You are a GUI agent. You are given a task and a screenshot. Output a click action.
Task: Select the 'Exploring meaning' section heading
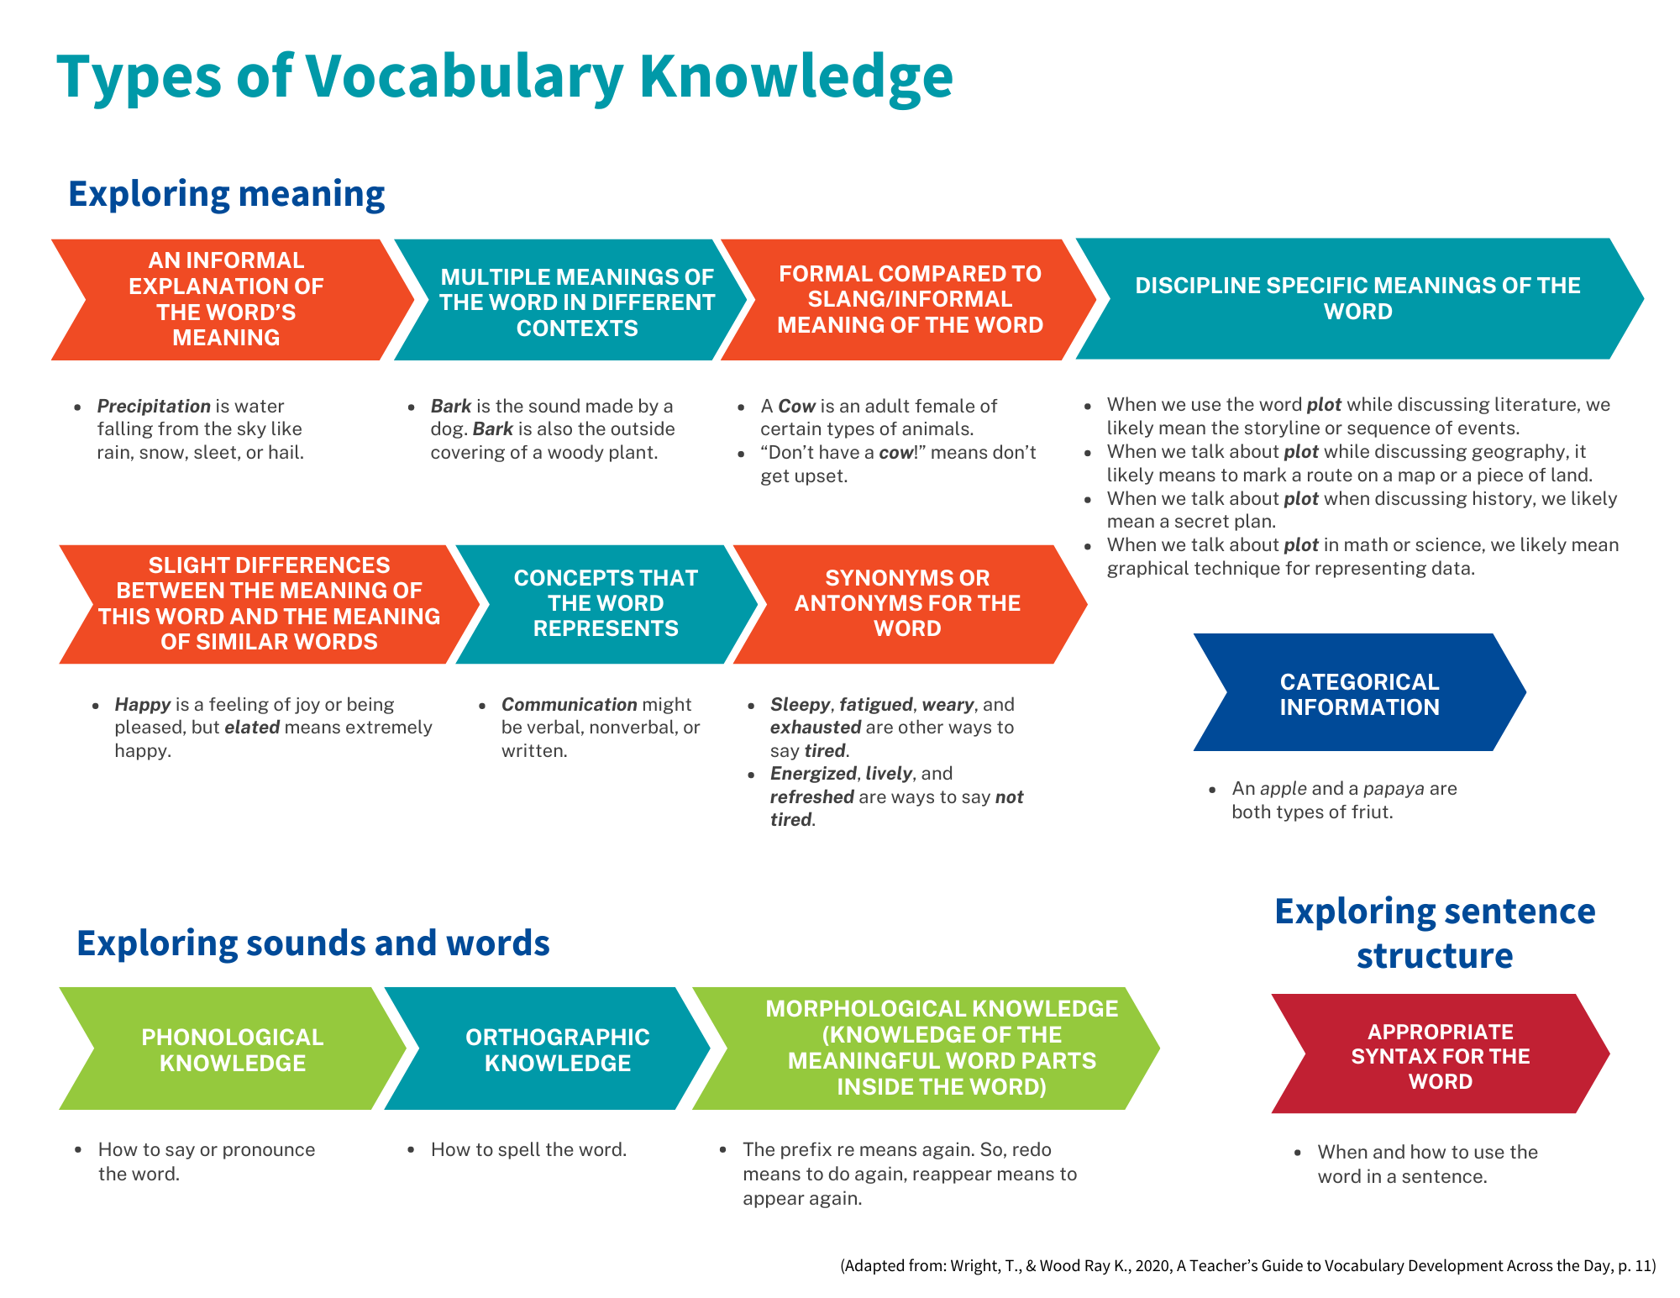point(226,194)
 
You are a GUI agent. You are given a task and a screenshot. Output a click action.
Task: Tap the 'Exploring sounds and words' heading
point(312,943)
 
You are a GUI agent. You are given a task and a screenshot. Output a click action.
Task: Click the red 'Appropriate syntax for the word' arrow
point(1440,1056)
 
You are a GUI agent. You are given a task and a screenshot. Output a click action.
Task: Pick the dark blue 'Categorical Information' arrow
point(1359,694)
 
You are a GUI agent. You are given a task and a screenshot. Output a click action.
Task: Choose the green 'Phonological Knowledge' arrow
point(232,1049)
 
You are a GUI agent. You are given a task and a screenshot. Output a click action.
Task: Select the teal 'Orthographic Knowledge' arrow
point(557,1049)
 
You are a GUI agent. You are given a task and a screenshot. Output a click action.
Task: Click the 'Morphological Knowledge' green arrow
point(941,1048)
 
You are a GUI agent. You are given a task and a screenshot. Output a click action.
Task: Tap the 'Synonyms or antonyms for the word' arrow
point(907,603)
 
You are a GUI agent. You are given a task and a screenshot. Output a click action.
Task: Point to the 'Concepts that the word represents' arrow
point(606,603)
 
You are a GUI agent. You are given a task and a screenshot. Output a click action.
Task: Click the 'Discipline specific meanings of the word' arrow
point(1357,298)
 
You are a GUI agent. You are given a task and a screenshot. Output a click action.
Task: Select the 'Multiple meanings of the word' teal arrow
point(576,302)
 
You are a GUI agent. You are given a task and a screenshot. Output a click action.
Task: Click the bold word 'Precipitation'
point(154,407)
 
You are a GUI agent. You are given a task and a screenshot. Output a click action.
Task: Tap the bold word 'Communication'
point(570,705)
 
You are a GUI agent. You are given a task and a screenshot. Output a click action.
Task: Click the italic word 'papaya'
point(1394,789)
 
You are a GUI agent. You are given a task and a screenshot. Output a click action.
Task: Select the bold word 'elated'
point(252,728)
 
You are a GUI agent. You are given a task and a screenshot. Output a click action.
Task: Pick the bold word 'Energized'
point(813,774)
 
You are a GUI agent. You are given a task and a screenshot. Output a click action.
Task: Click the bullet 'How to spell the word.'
point(528,1150)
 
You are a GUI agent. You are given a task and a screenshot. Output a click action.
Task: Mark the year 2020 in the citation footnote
point(1152,1266)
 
